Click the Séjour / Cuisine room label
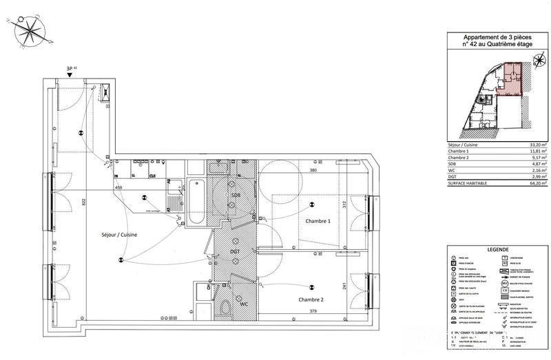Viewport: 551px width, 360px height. [118, 235]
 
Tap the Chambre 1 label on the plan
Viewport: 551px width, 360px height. [314, 220]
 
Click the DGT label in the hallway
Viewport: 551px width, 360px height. [236, 252]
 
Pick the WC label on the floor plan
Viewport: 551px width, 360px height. [244, 304]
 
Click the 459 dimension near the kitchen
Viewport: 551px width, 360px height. [118, 188]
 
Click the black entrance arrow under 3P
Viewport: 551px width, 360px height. [69, 76]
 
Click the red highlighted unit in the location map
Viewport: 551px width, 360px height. [513, 76]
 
